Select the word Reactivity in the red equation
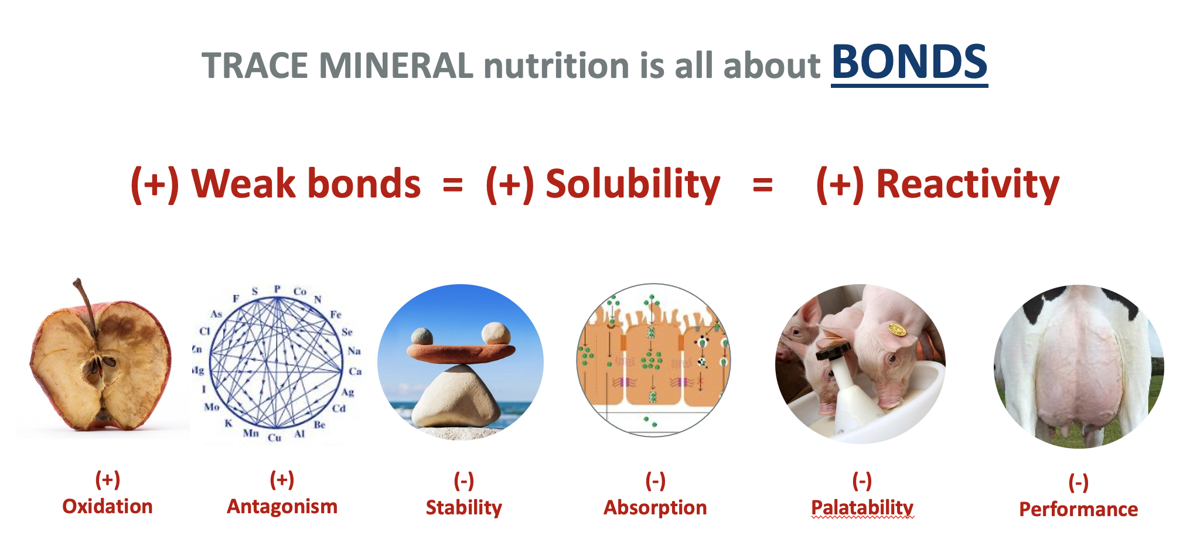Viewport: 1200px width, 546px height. pyautogui.click(x=967, y=185)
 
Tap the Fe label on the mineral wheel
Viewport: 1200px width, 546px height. pyautogui.click(x=336, y=315)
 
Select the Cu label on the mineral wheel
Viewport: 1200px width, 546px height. pyautogui.click(x=274, y=438)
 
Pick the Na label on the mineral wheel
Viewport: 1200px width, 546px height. pyautogui.click(x=354, y=351)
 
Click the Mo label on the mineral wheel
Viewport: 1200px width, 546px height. pyautogui.click(x=212, y=407)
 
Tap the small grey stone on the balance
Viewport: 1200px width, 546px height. pyautogui.click(x=422, y=336)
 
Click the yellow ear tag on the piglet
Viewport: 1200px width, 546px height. pyautogui.click(x=896, y=330)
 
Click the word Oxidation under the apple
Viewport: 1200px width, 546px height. pyautogui.click(x=108, y=506)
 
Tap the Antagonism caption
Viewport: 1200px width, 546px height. pyautogui.click(x=282, y=506)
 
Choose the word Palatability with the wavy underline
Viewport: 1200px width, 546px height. pyautogui.click(x=862, y=507)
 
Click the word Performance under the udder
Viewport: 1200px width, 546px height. pyautogui.click(x=1079, y=509)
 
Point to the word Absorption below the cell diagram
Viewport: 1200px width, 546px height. pyautogui.click(x=656, y=507)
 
